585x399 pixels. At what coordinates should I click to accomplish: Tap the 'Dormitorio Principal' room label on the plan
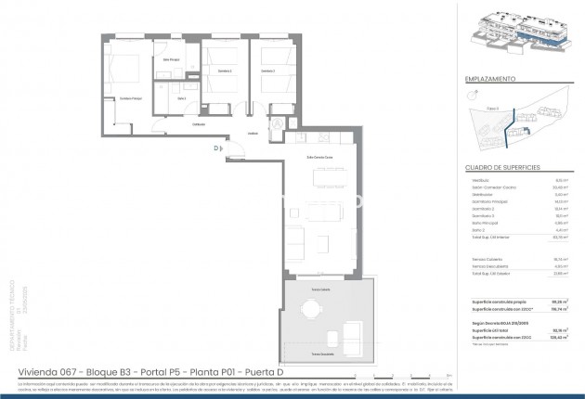tap(132, 97)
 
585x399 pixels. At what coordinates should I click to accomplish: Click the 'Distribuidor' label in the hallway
tap(199, 124)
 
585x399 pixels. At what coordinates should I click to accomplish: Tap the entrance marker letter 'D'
tap(214, 148)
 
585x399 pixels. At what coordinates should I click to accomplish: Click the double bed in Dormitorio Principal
tap(123, 70)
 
